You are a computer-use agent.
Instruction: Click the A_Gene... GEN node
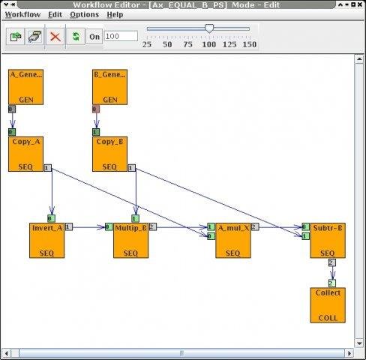[x=25, y=87]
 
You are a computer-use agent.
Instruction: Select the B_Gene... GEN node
[x=109, y=87]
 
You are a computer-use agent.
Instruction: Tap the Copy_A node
[x=25, y=154]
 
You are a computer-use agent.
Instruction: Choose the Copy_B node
[x=109, y=154]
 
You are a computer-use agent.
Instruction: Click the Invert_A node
[x=47, y=240]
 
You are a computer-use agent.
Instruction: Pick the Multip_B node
[x=131, y=240]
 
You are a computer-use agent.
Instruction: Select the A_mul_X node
[x=232, y=240]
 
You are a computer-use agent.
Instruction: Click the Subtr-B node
[x=328, y=240]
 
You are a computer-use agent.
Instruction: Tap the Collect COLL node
[x=328, y=304]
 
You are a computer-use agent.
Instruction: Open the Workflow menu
[x=22, y=14]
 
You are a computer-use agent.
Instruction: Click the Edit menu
[x=55, y=14]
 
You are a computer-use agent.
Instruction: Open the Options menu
[x=84, y=14]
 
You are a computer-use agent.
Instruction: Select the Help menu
[x=115, y=14]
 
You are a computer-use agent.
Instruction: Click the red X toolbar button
[x=55, y=36]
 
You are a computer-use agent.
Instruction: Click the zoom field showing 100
[x=121, y=36]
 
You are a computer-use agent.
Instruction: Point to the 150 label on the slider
[x=250, y=45]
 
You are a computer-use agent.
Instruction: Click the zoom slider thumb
[x=209, y=29]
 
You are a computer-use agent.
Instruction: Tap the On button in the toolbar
[x=94, y=36]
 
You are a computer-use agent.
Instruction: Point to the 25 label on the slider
[x=147, y=45]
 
